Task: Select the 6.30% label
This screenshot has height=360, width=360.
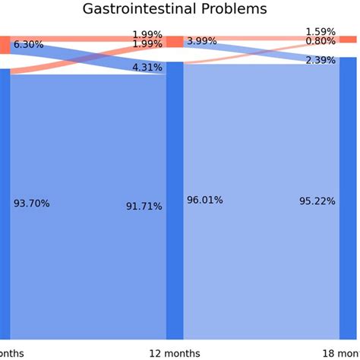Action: pos(28,45)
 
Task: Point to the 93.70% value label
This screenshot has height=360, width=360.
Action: pos(32,204)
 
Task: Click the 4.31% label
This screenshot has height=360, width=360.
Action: pos(147,67)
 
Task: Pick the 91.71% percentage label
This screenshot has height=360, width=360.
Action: pos(144,206)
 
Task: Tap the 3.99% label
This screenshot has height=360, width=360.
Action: pos(201,41)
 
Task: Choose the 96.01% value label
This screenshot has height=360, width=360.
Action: pos(205,200)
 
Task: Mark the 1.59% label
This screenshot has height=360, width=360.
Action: pos(321,32)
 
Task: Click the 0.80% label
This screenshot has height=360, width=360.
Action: pos(321,42)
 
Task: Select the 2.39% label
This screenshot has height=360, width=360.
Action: pos(321,60)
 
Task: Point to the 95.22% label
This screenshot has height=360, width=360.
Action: pos(317,201)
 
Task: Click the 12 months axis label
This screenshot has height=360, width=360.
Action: pos(175,353)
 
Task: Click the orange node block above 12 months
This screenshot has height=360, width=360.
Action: pos(175,42)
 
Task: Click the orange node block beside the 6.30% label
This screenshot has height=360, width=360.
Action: pos(5,45)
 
